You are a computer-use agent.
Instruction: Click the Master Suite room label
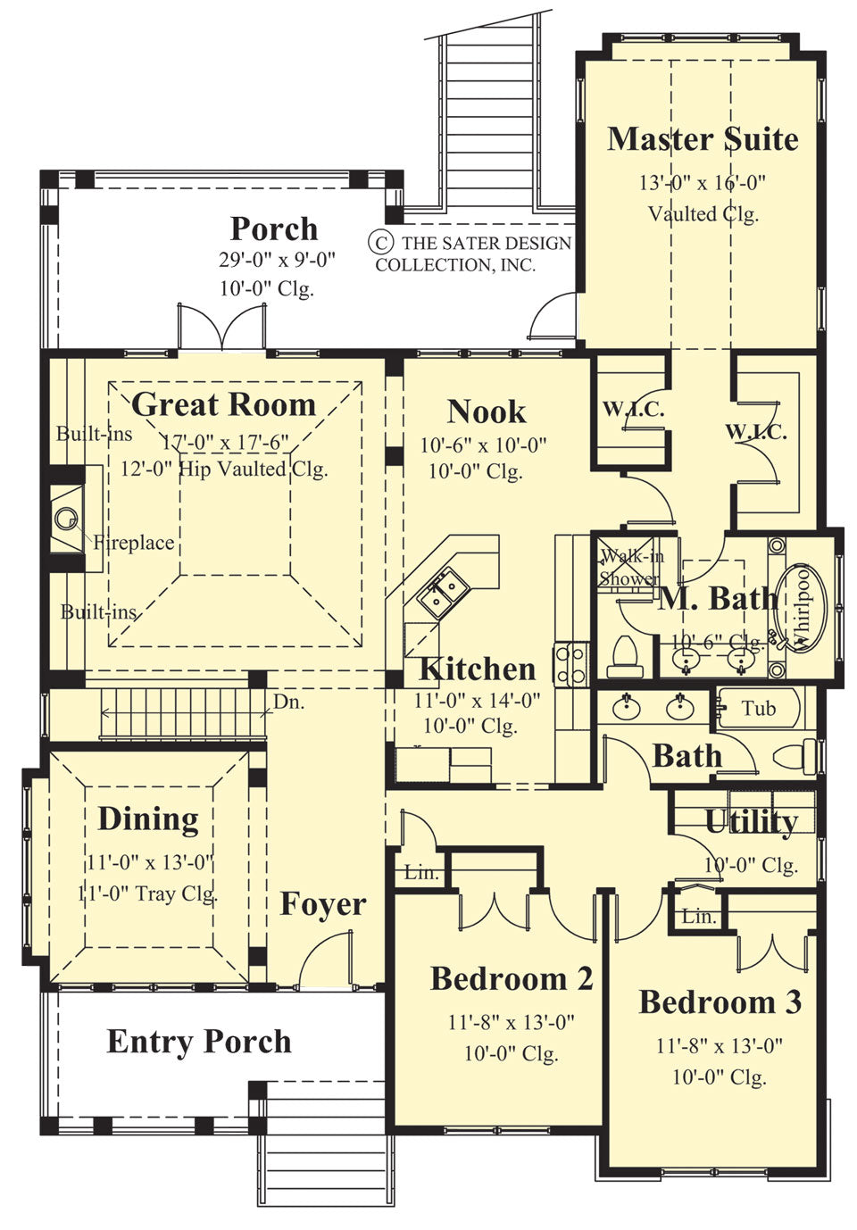click(703, 139)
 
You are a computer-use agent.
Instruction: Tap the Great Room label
click(223, 404)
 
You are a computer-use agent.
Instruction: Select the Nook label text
click(487, 411)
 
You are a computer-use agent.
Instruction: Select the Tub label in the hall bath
click(759, 709)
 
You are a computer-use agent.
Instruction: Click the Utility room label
click(751, 821)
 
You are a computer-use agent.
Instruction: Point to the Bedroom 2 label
click(512, 978)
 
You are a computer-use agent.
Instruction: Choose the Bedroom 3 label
click(720, 1001)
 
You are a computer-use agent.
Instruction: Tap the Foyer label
click(323, 904)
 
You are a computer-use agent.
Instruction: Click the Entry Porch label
click(199, 1041)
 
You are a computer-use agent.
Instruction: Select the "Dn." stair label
click(288, 702)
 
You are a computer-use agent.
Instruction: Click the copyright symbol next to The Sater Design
click(381, 242)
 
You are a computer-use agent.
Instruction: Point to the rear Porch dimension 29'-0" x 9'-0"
click(277, 260)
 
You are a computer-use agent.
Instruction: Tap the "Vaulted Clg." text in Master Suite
click(703, 213)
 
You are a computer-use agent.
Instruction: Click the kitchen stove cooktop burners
click(570, 663)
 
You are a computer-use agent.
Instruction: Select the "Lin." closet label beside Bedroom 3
click(698, 916)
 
